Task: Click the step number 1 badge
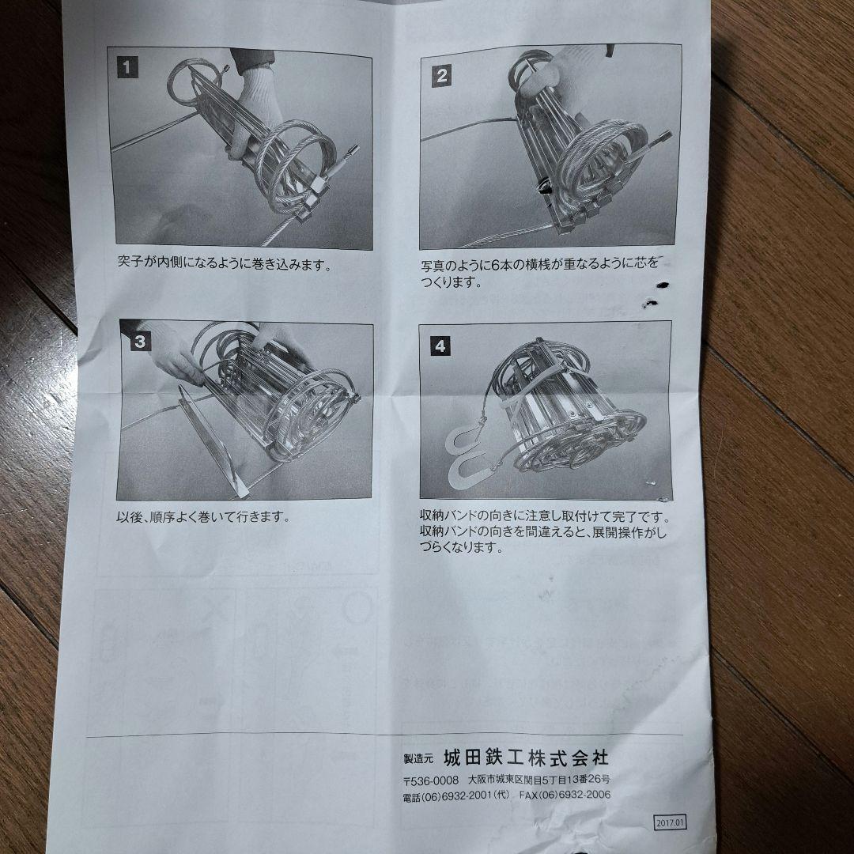pos(127,67)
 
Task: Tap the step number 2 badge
pos(441,76)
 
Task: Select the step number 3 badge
pos(138,342)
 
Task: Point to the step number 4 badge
pos(439,345)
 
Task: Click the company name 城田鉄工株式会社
pos(525,758)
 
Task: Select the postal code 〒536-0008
pos(431,780)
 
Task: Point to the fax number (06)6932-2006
pos(565,795)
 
